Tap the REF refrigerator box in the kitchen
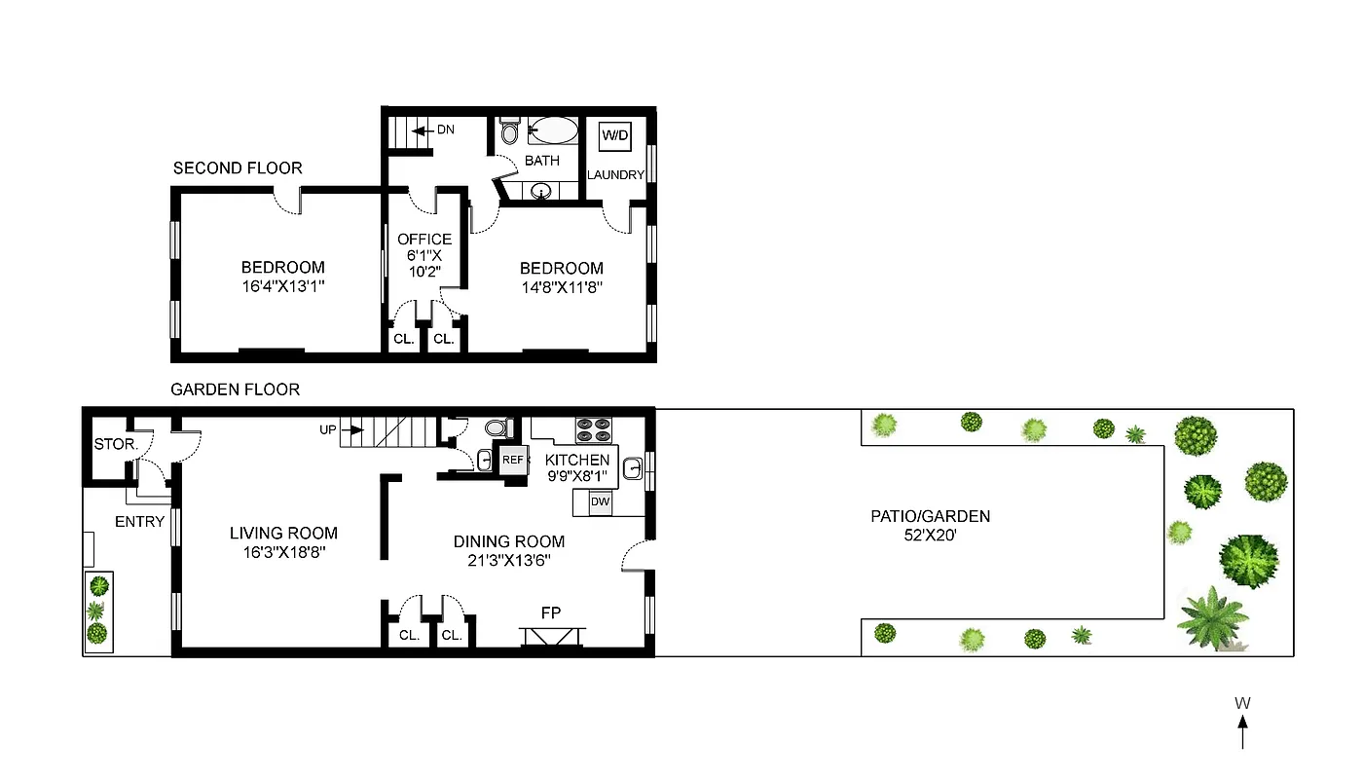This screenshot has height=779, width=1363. coord(512,460)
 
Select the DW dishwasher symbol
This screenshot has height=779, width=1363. coord(601,501)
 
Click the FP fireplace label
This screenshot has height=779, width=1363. coord(551,612)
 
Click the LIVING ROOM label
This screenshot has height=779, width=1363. coord(283,533)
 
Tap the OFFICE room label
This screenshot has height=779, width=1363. coord(424,239)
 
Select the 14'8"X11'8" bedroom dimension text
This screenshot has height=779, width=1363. coord(561,287)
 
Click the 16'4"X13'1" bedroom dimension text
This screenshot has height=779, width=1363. coord(283,287)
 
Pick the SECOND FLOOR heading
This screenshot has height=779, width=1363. coord(238,168)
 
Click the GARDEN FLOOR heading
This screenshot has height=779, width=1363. coord(235,389)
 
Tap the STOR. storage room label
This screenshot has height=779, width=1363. coord(116,444)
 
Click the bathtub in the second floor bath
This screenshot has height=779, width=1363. coord(552,130)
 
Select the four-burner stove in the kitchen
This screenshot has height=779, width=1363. coord(590,429)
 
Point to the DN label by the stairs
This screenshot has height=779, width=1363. coord(445,130)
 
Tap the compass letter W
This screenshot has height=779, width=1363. coord(1242,703)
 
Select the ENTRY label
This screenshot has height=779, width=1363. coord(139,522)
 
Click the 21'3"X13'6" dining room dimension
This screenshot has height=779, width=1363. coord(509,561)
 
